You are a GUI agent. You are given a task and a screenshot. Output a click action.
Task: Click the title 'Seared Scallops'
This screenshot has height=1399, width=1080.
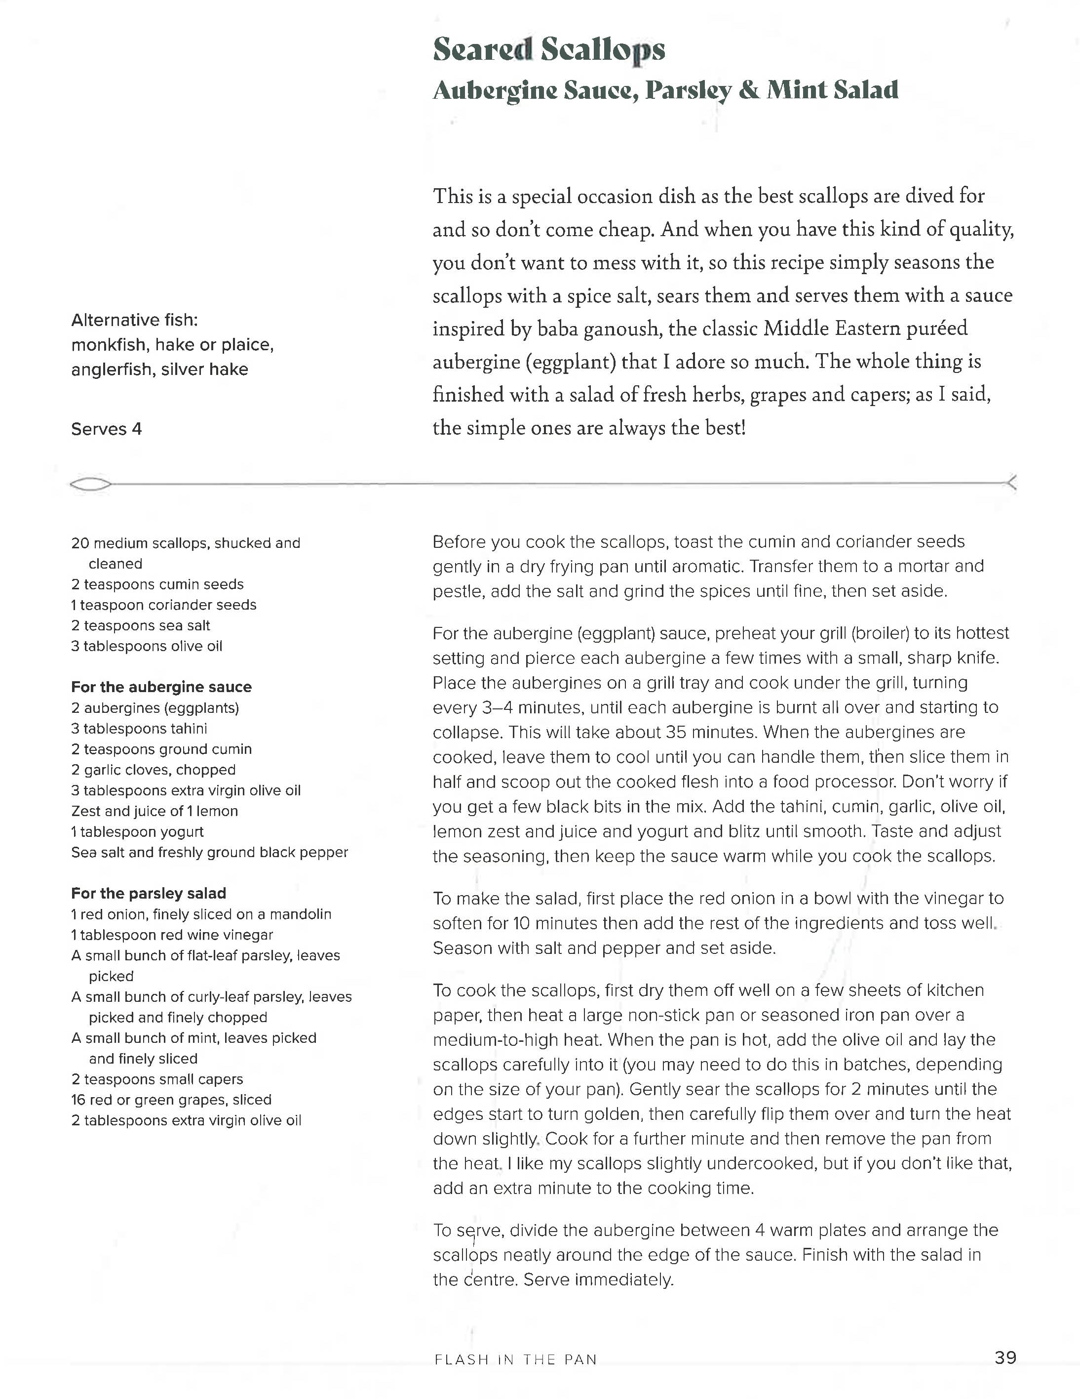(549, 50)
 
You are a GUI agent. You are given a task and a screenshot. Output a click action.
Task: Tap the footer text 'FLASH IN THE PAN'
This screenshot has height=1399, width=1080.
(515, 1359)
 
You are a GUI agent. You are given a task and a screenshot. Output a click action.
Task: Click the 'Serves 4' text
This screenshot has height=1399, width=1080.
(106, 429)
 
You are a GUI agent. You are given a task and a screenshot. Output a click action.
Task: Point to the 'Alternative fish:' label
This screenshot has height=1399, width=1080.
(134, 320)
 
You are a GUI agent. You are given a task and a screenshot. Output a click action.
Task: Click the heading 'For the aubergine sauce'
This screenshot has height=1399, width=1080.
(161, 687)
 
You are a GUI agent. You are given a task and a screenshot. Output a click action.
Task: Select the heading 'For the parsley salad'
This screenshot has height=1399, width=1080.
(149, 894)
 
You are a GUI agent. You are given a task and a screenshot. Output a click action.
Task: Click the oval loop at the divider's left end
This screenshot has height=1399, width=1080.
(90, 485)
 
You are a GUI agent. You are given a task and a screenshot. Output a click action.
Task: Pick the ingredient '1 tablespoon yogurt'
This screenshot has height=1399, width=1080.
(137, 832)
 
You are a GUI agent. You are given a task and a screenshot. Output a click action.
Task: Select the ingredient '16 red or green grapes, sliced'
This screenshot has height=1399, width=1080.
(171, 1100)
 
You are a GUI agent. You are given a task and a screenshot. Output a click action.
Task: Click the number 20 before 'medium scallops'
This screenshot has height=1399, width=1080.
(80, 544)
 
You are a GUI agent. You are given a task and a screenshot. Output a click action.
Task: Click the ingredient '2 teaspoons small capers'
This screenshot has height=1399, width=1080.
(157, 1079)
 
